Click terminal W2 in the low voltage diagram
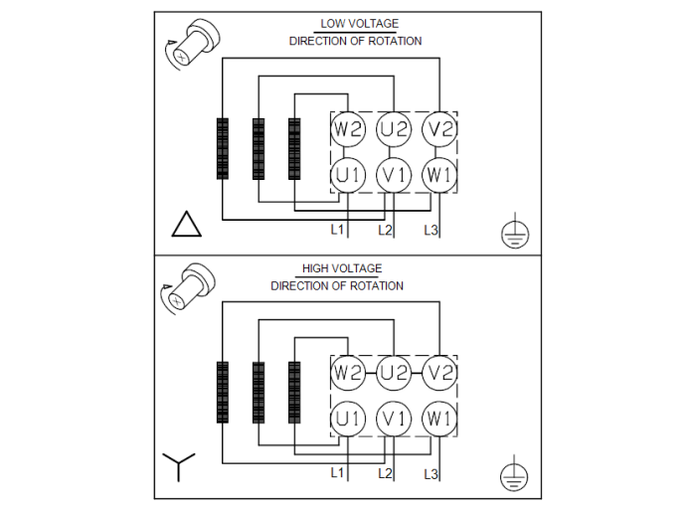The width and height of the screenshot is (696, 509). (x=349, y=129)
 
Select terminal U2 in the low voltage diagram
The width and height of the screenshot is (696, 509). (x=395, y=129)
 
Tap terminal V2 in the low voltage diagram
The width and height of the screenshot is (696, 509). (x=439, y=129)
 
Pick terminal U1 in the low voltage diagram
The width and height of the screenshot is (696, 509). (x=349, y=175)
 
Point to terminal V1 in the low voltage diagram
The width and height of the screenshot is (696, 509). (x=395, y=175)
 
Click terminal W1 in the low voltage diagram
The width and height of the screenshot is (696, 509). (x=439, y=175)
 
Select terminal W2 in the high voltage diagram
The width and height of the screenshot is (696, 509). (x=349, y=374)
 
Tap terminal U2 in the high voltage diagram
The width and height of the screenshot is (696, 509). (x=395, y=374)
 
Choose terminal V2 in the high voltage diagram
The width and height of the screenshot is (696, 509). (x=439, y=374)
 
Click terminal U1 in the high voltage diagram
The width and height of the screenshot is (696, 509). (x=349, y=419)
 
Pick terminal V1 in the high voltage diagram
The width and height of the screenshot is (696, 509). (x=395, y=419)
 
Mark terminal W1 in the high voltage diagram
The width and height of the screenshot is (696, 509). (x=439, y=419)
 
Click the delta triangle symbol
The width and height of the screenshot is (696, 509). (x=186, y=226)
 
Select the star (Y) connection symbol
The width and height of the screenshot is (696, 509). (x=179, y=466)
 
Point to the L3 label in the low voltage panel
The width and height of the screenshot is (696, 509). (x=431, y=231)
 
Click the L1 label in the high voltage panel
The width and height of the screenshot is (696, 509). (x=337, y=472)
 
